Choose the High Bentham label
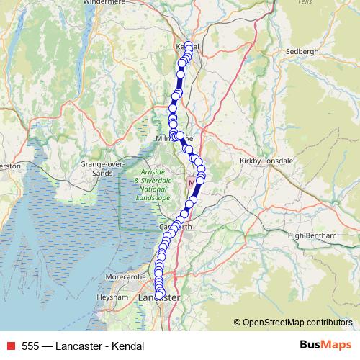(x=312, y=235)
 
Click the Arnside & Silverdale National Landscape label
(x=152, y=184)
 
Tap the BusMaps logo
(x=325, y=345)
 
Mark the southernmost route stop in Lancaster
(x=159, y=314)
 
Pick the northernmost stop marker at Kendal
(x=189, y=46)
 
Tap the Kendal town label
(x=186, y=47)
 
